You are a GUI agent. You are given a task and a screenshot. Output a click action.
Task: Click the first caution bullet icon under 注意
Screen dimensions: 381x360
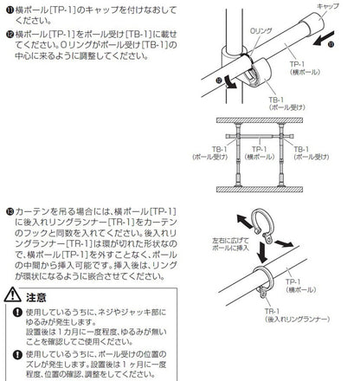10,313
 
